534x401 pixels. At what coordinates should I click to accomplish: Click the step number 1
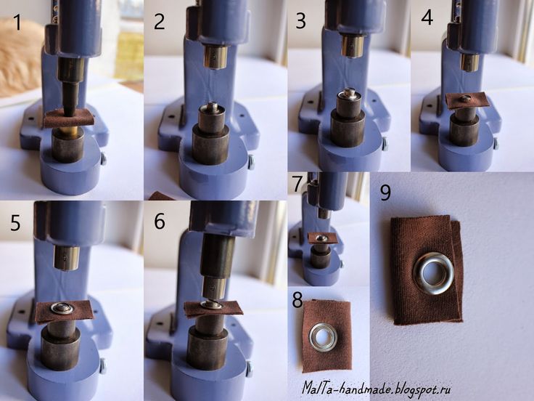[x=17, y=23]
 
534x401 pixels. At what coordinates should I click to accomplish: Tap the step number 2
[x=160, y=23]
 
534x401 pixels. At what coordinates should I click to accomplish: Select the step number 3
[x=300, y=22]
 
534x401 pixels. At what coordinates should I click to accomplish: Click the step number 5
[x=16, y=223]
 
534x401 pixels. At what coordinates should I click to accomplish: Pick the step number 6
[x=160, y=222]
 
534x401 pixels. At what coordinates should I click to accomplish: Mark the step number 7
[x=297, y=184]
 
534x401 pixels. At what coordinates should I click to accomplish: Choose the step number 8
[x=297, y=300]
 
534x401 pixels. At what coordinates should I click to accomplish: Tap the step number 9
[x=385, y=193]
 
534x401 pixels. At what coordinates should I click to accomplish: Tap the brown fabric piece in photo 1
[x=68, y=118]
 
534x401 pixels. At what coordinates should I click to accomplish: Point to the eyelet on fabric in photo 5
[x=62, y=308]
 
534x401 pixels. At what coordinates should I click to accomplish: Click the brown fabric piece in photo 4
[x=467, y=100]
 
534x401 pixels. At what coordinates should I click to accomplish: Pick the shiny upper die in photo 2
[x=215, y=57]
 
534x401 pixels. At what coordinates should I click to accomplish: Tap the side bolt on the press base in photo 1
[x=103, y=159]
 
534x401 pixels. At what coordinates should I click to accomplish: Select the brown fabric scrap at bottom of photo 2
[x=162, y=196]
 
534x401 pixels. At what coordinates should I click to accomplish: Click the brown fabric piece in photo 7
[x=323, y=238]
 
